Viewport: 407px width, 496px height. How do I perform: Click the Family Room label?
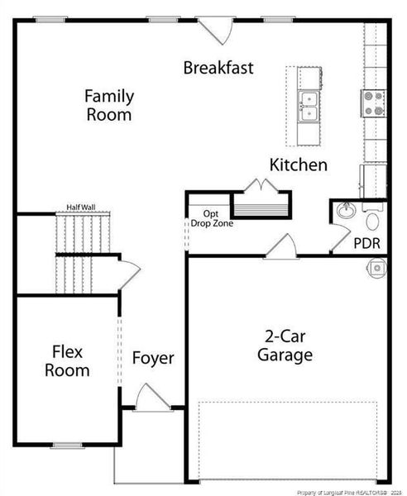[108, 106]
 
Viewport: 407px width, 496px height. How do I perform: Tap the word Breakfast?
[218, 68]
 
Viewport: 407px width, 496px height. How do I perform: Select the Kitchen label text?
[298, 165]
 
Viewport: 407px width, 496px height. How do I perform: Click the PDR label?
[366, 244]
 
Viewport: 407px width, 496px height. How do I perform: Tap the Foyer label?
[153, 358]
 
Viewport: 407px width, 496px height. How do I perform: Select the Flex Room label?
[67, 361]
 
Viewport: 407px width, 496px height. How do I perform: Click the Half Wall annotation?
[83, 208]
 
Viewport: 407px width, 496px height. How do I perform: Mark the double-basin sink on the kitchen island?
[310, 105]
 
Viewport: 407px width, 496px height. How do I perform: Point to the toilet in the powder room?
[371, 220]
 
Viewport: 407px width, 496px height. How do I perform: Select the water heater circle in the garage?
[376, 268]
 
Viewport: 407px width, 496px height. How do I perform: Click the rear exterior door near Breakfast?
[218, 31]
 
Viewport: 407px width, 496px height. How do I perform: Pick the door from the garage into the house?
[281, 246]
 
